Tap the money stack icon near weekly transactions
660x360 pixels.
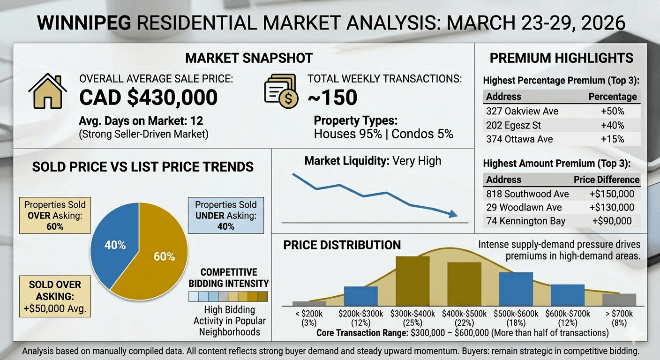coord(281,91)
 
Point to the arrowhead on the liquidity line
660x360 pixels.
coord(452,214)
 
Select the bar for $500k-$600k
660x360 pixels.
coord(516,289)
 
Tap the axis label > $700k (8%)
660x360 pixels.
coord(619,318)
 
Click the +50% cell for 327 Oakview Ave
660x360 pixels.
coord(613,112)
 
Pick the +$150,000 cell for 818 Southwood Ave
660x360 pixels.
coord(612,194)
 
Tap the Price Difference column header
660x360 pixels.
coord(607,180)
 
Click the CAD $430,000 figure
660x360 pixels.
coord(148,97)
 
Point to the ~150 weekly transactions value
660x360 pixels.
coord(332,97)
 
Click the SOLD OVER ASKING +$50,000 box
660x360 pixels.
coord(55,297)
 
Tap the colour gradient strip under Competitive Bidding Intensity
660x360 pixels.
coord(228,296)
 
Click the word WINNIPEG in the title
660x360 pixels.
coord(83,22)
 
